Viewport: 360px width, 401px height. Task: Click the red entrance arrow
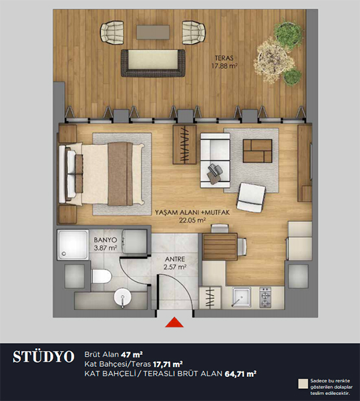tap(174, 323)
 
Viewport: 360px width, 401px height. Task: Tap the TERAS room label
tap(224, 58)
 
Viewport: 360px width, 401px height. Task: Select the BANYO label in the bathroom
tap(106, 240)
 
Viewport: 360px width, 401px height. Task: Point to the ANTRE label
tap(175, 259)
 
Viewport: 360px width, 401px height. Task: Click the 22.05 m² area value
tap(192, 220)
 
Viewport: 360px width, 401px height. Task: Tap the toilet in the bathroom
tap(102, 277)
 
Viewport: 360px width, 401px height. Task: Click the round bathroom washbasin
tap(122, 298)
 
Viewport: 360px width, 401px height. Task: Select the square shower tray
tap(73, 245)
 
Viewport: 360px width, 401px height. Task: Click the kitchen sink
tap(241, 297)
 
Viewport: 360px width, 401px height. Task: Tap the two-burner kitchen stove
tap(265, 297)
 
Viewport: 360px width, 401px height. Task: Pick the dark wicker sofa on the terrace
tap(153, 63)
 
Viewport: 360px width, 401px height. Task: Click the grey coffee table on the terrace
tap(153, 32)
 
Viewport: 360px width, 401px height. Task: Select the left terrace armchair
tap(112, 31)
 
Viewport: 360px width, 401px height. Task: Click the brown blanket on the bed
tap(120, 174)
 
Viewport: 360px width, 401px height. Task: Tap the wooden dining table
tap(220, 247)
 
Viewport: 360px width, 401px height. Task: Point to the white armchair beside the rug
tap(251, 197)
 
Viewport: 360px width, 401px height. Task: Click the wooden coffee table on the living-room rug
tap(257, 151)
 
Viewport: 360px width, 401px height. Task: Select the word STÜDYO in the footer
tap(43, 357)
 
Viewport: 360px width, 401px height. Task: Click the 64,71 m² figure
tap(240, 374)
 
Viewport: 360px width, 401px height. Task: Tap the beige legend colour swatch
tap(303, 384)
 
